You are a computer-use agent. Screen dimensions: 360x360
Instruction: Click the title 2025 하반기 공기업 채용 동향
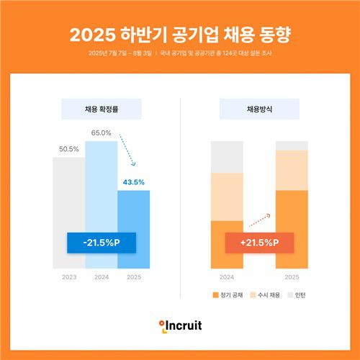point(180,35)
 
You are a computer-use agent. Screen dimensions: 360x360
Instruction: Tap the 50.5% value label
point(68,149)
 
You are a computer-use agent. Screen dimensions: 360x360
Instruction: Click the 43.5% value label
point(133,181)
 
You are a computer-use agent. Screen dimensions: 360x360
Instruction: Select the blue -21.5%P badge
point(101,243)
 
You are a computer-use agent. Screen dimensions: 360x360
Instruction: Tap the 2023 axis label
point(68,276)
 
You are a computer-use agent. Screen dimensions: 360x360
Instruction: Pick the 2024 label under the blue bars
point(101,276)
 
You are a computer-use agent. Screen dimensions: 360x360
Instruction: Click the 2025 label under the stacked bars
point(292,276)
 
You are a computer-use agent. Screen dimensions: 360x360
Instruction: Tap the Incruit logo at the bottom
point(180,326)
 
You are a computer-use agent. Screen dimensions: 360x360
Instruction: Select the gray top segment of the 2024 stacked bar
point(227,157)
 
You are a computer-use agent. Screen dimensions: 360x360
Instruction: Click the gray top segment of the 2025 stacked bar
point(292,145)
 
